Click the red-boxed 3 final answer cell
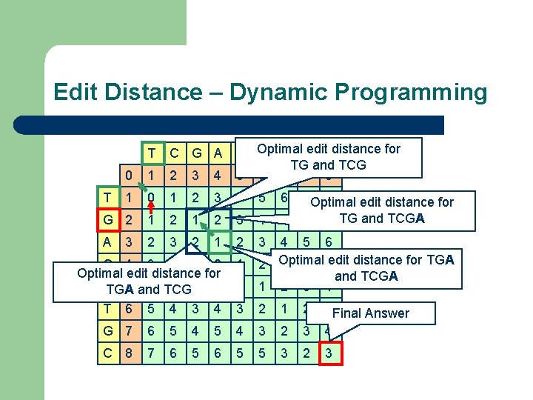coord(329,354)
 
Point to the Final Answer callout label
coord(370,313)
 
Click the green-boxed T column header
coord(152,154)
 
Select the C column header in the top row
coord(174,154)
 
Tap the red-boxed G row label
coord(109,220)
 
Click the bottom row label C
coord(109,354)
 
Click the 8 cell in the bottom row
coord(130,354)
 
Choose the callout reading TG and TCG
coord(329,156)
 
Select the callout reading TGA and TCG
coord(149,281)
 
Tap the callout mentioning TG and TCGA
coord(381,210)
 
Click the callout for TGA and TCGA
coord(366,267)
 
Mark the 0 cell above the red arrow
coord(152,198)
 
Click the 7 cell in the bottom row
coord(152,354)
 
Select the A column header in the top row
coord(218,154)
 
